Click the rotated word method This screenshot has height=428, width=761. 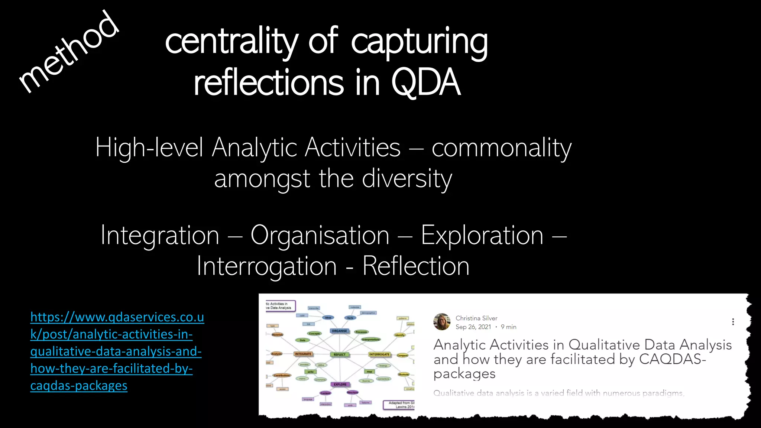pos(69,52)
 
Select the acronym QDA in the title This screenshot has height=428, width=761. pos(425,82)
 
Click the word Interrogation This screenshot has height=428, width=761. pos(266,266)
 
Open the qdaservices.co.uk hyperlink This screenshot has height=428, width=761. pos(117,351)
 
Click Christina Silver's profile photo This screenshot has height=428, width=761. pos(442,322)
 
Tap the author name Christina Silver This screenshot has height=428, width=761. pos(476,318)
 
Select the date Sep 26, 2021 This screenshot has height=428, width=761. pos(473,327)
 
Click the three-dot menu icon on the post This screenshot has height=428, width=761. pos(733,322)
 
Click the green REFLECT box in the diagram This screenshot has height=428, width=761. pos(339,354)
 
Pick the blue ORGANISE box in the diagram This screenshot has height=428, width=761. pos(339,331)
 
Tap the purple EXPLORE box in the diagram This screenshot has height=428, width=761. pos(340,384)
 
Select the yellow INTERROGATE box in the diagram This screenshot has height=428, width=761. pos(379,354)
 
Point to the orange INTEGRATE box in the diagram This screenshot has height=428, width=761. pos(303,354)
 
